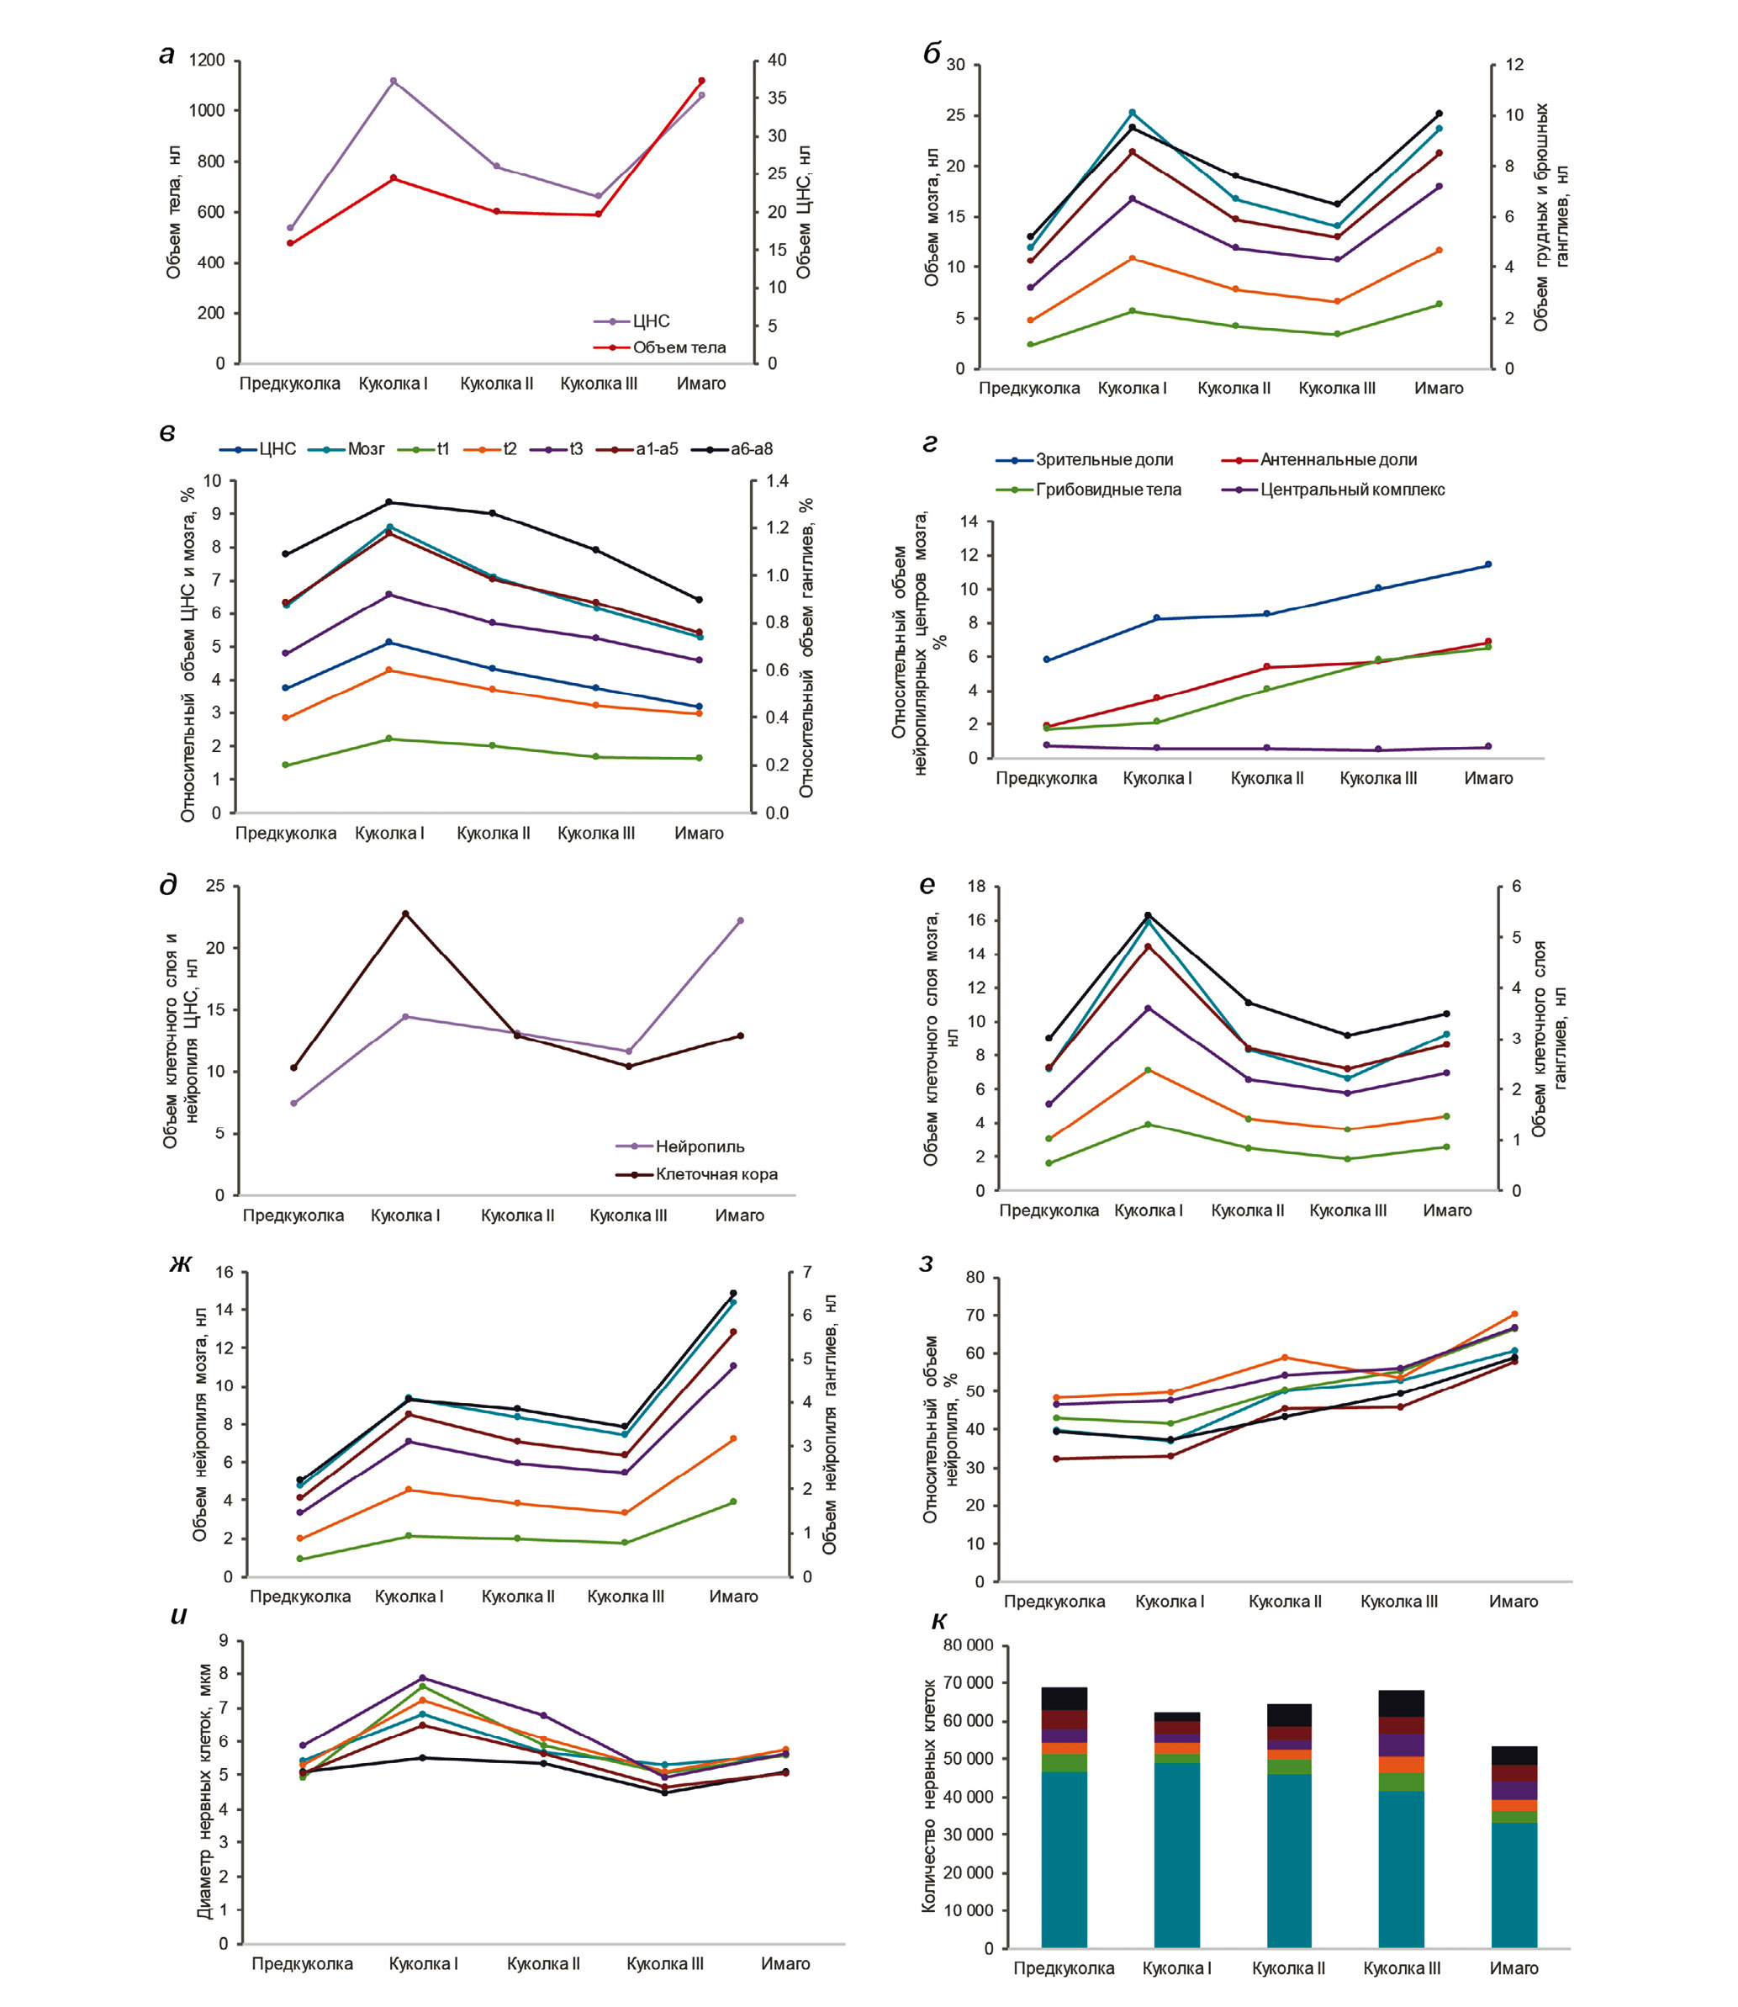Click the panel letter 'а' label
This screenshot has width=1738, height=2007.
pos(166,56)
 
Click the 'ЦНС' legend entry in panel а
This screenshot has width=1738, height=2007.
pos(651,321)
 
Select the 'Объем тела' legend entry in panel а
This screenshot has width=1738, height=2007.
pos(679,347)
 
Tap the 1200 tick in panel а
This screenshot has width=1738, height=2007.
pos(207,60)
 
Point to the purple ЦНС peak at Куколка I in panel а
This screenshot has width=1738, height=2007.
pos(393,82)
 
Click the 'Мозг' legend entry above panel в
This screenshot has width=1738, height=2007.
pos(366,449)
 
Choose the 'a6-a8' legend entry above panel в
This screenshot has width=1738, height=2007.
pos(751,449)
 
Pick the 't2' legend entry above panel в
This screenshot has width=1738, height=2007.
pos(510,449)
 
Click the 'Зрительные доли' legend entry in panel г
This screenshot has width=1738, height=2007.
pos(1104,460)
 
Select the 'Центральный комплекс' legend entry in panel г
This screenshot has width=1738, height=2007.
pos(1352,490)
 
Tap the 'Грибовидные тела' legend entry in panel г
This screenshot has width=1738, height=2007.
pos(1107,490)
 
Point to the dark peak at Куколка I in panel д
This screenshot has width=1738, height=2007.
pos(405,913)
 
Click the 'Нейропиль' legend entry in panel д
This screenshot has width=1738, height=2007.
pos(700,1146)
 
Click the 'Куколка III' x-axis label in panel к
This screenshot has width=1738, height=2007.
pos(1402,1968)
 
